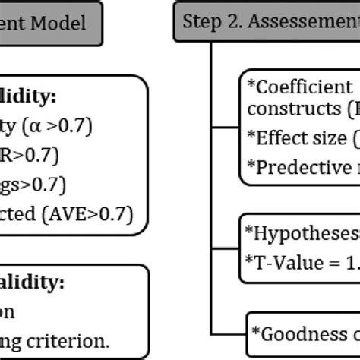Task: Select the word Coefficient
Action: point(301,86)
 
